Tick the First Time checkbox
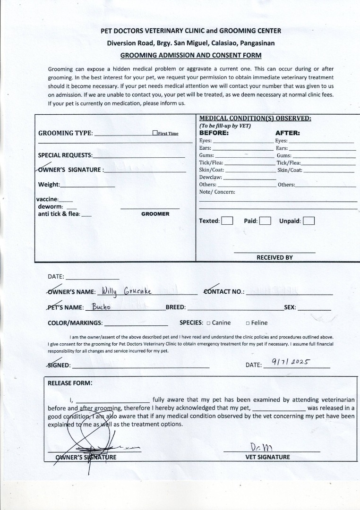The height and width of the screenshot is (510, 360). [155, 133]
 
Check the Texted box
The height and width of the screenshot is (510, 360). [227, 221]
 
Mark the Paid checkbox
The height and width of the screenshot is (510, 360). [265, 221]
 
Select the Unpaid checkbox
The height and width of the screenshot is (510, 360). [309, 221]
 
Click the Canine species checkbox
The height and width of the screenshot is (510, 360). [208, 323]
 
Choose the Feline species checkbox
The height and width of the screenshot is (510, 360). [248, 323]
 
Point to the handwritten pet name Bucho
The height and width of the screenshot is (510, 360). [101, 306]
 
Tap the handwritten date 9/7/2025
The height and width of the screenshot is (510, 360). [291, 362]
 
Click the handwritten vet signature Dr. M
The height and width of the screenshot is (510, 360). [259, 447]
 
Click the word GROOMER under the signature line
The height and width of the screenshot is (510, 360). [155, 214]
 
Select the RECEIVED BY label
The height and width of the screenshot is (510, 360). [274, 257]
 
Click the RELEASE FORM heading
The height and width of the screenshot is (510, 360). [70, 383]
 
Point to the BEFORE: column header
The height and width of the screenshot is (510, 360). [214, 133]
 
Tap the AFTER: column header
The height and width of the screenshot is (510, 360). [287, 133]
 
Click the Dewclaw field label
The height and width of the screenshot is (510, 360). [210, 177]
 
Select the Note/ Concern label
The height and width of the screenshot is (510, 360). [217, 192]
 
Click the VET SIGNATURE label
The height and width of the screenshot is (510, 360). [268, 457]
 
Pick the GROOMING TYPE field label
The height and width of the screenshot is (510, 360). [65, 133]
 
